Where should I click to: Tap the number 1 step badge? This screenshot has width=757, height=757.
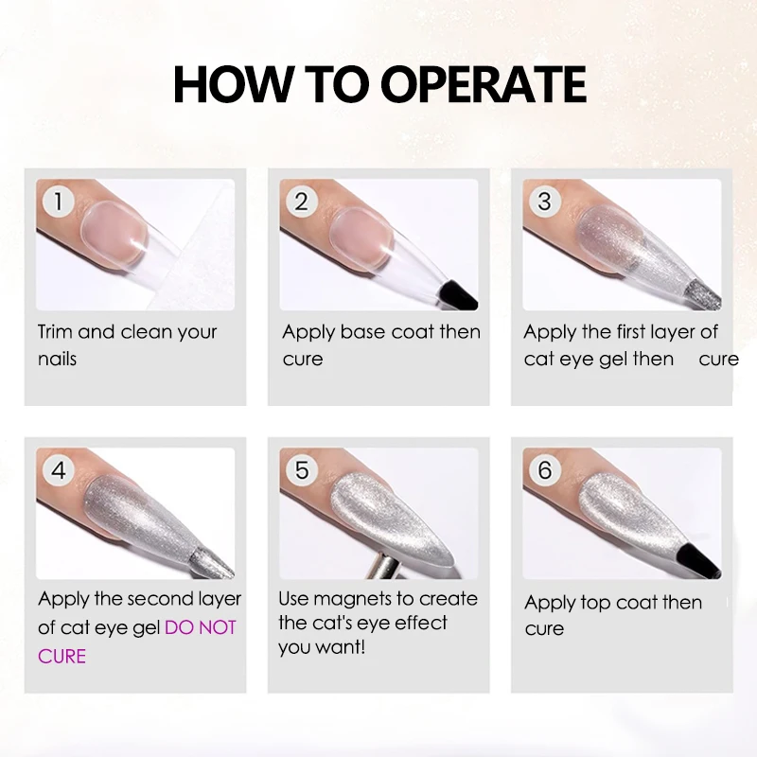click(59, 202)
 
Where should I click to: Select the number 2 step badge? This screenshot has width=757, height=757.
click(301, 202)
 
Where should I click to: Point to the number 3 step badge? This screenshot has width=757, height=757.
click(545, 202)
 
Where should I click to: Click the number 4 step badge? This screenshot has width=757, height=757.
click(59, 470)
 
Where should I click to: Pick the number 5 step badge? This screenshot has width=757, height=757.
click(301, 470)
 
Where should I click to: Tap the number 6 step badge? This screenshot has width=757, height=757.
click(545, 470)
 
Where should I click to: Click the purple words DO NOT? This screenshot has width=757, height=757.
click(201, 627)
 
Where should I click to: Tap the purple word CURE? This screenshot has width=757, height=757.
click(62, 657)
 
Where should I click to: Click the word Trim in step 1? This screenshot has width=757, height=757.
click(55, 332)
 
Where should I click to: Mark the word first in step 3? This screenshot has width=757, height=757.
click(630, 332)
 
